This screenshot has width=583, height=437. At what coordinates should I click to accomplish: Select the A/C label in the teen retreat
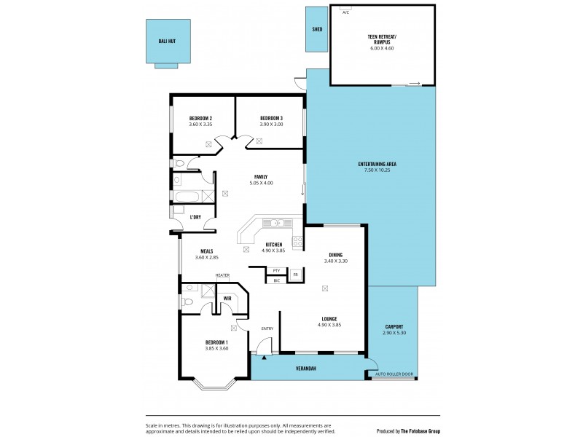coord(345,12)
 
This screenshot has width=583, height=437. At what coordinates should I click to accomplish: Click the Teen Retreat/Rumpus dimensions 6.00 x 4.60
coord(383,49)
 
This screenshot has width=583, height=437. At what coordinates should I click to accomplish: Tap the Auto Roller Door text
coord(394,374)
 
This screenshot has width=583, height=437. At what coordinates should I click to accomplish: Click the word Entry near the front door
coord(267,328)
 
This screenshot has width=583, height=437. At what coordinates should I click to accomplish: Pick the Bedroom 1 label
coord(216,342)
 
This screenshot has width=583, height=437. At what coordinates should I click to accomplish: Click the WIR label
coord(227,298)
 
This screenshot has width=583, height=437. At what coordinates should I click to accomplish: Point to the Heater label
coord(222,275)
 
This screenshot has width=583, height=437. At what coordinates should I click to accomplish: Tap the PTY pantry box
coord(276,271)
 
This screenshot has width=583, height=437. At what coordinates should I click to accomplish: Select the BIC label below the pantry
coord(276,280)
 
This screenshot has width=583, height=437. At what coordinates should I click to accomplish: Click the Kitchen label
coord(274,244)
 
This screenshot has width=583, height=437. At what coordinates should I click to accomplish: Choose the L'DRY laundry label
coord(195,217)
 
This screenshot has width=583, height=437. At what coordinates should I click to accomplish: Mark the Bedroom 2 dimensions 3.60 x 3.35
coord(200,125)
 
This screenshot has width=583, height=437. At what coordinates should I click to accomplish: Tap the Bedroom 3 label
coord(271,118)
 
